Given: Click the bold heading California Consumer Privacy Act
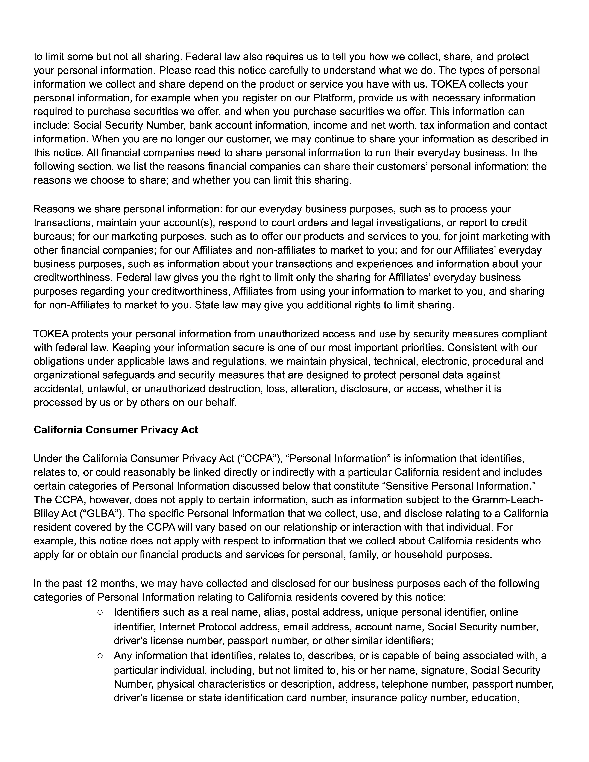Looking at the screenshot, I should coord(115,430).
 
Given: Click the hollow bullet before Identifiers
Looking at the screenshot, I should coord(100,612).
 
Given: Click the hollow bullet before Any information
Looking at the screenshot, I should coord(100,656).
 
